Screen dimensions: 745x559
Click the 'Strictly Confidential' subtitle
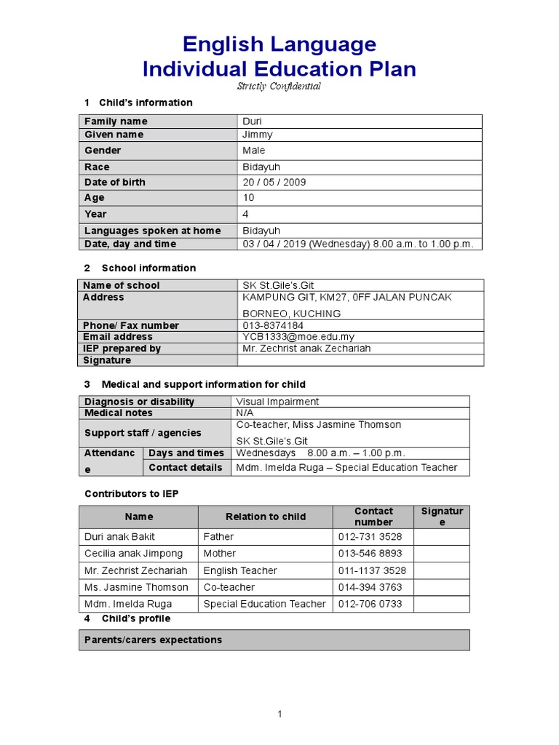pos(279,86)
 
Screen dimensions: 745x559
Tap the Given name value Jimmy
pos(258,135)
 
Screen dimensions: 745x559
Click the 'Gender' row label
pos(103,151)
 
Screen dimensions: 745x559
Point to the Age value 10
pos(248,198)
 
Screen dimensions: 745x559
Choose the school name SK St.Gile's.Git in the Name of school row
pos(278,285)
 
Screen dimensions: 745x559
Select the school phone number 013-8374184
pos(273,325)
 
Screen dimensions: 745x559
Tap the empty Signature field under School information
pos(360,360)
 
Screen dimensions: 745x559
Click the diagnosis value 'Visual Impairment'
pos(277,402)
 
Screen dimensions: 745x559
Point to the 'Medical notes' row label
pos(119,413)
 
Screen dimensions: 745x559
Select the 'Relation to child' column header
pos(266,517)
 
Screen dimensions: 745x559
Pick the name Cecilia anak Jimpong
pos(134,554)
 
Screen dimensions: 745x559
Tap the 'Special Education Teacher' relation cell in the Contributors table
pos(265,604)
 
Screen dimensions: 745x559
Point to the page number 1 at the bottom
pos(279,714)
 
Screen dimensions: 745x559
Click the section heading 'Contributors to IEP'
pos(131,494)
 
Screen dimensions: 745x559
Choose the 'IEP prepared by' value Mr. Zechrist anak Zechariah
pos(306,348)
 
